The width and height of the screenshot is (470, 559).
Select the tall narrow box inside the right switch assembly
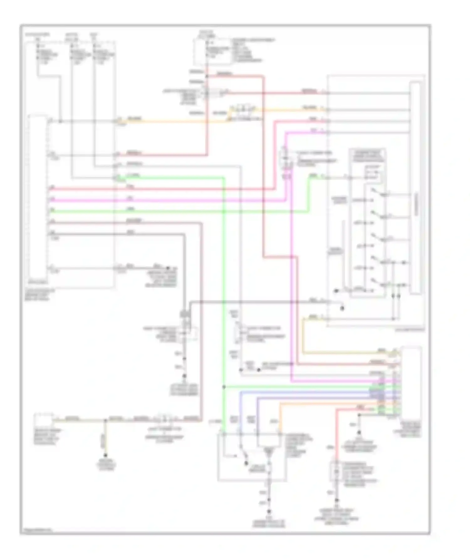pyautogui.click(x=415, y=188)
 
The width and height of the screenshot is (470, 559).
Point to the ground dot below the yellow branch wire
pyautogui.click(x=106, y=455)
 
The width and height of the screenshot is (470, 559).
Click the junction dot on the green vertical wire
pyautogui.click(x=224, y=387)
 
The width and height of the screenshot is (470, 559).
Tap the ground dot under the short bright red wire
pyautogui.click(x=337, y=500)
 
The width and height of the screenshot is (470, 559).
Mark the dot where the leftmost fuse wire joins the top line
pyautogui.click(x=60, y=121)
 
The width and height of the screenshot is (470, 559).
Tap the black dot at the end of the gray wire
pyautogui.click(x=342, y=309)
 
